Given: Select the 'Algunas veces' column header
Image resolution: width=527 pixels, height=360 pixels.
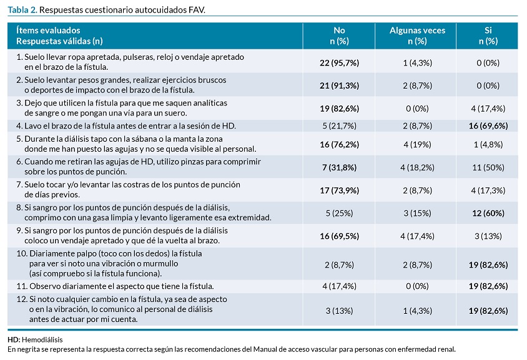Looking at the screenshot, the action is [417, 30].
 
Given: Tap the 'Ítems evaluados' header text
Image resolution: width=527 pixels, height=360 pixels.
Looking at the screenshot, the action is [48, 30].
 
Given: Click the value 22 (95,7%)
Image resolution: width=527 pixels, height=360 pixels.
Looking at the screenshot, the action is [339, 63].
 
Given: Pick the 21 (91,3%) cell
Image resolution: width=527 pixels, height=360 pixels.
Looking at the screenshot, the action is [339, 85].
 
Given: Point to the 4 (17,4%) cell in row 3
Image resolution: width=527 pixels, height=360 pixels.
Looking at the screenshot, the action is [488, 109].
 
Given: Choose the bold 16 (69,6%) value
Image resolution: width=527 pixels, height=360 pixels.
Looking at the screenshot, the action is [488, 126].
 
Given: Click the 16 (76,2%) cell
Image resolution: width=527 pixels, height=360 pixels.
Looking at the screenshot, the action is [339, 144].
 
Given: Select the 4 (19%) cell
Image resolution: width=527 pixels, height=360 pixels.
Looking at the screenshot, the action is [417, 144].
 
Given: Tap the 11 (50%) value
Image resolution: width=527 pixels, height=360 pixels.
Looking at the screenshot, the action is [488, 167].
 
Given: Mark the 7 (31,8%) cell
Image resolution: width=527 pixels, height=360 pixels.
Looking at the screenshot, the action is [339, 167].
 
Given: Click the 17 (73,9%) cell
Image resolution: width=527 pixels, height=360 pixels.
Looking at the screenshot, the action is [339, 190].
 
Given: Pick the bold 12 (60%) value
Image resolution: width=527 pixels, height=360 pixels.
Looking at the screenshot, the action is [488, 213].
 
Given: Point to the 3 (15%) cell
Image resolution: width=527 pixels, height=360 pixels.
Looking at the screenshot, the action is [417, 213].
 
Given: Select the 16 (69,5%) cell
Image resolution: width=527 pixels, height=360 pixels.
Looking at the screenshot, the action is [339, 236].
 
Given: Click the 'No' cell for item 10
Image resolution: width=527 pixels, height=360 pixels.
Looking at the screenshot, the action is [339, 265].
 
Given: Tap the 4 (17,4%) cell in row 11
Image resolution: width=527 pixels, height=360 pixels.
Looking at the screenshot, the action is [339, 286].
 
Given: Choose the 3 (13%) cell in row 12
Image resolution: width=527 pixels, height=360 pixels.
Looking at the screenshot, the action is [339, 311].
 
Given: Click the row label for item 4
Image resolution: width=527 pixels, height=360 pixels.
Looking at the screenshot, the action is [126, 126].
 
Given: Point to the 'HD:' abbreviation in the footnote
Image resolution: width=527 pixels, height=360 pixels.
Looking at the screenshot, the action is [14, 339].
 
